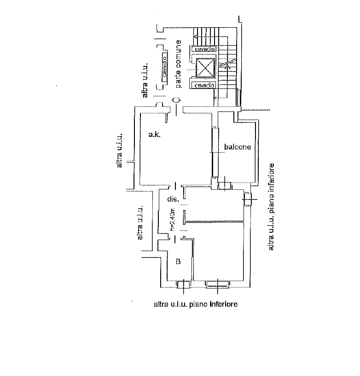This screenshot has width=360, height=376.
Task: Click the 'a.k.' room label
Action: [155, 135]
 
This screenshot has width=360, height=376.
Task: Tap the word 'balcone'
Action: [238, 147]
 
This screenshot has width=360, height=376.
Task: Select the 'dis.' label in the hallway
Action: [173, 199]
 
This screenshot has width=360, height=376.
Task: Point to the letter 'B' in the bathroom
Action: [178, 261]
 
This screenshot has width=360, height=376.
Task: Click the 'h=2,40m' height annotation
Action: [173, 220]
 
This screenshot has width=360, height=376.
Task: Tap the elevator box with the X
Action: [205, 68]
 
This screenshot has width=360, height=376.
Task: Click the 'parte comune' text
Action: [178, 64]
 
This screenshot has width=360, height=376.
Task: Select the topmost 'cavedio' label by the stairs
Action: [204, 49]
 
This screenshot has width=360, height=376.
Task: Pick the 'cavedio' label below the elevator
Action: [204, 85]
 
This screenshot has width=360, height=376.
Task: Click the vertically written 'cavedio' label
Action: [165, 66]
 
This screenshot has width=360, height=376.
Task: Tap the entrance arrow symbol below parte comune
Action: [176, 100]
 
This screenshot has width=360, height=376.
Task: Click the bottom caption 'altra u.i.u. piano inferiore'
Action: [196, 304]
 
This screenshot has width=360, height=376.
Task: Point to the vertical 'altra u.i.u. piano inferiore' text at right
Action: [271, 207]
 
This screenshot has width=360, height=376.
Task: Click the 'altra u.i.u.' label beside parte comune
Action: [145, 80]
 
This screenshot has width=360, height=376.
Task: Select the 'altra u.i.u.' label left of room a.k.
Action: [119, 151]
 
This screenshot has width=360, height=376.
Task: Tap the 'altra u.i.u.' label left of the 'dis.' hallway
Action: [140, 223]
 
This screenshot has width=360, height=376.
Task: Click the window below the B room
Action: [184, 284]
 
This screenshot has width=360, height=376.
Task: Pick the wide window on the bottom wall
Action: [217, 284]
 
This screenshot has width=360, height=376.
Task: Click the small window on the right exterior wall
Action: [248, 199]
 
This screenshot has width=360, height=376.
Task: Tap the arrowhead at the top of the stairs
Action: [196, 37]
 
